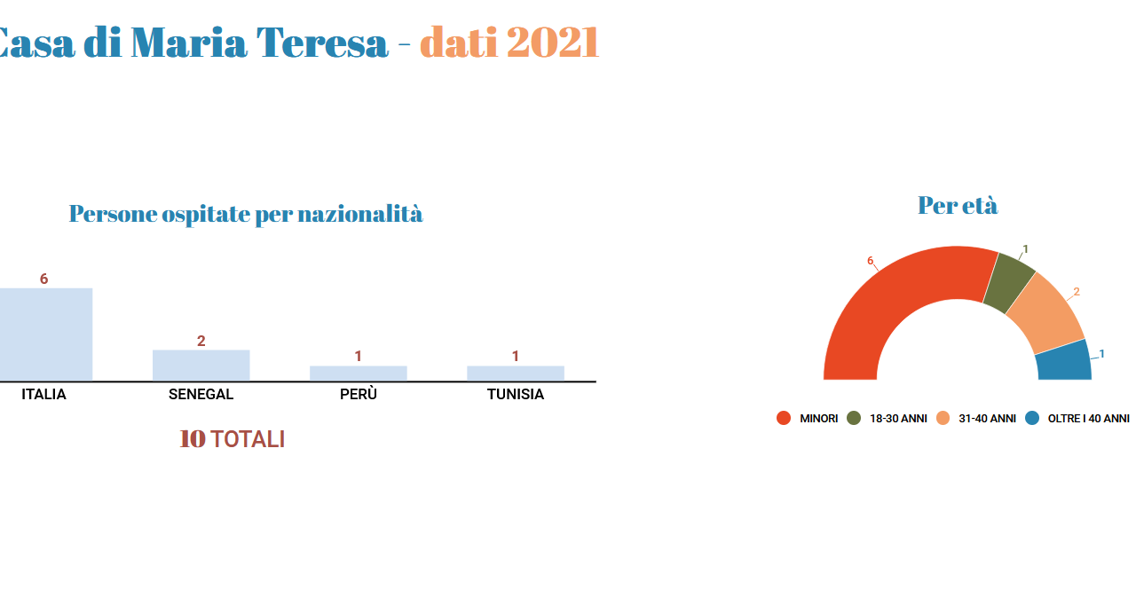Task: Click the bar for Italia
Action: [46, 334]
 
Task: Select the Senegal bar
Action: [201, 365]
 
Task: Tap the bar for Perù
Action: [359, 373]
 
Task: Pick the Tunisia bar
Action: [516, 373]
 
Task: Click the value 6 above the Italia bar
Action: [44, 279]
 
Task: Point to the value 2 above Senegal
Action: [201, 341]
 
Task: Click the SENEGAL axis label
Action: [201, 394]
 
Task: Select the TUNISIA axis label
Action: [516, 394]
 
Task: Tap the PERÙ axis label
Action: [359, 394]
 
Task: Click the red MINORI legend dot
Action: [784, 418]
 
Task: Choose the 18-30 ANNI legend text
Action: [899, 419]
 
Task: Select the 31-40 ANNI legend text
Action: [988, 419]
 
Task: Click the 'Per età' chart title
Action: [958, 206]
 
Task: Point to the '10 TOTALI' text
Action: [233, 439]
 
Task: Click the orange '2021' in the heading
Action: [553, 43]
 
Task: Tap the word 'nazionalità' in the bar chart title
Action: [360, 214]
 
